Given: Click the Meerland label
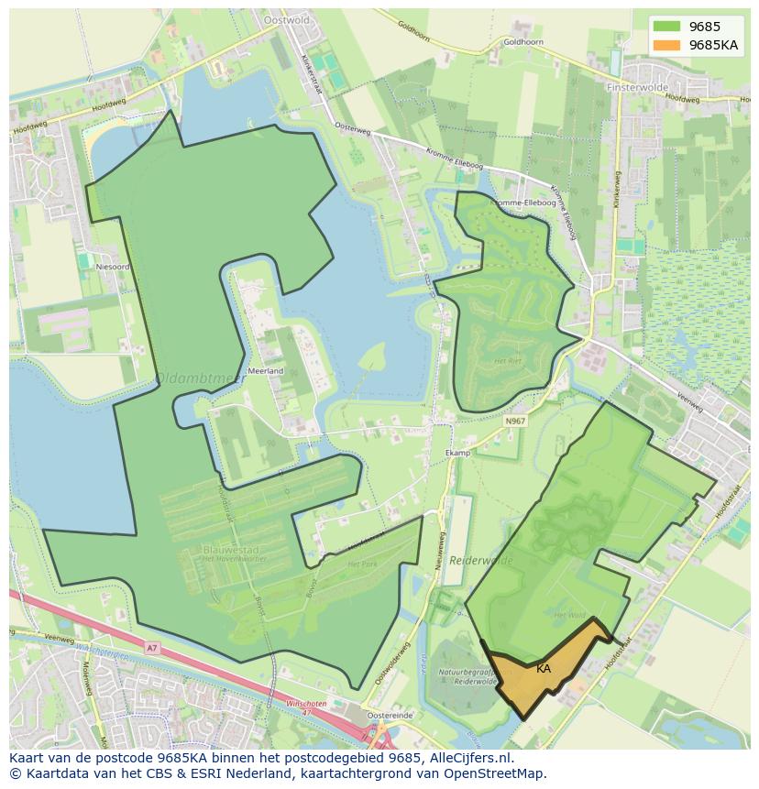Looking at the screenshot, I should point(266,371).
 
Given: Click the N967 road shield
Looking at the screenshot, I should point(515,421).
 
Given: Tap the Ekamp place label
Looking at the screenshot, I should point(457,453).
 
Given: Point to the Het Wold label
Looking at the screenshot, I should point(570,617).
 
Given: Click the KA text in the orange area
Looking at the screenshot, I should point(544,669).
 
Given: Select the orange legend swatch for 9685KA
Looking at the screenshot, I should point(667,44).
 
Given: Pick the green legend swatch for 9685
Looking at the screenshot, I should point(667,27).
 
